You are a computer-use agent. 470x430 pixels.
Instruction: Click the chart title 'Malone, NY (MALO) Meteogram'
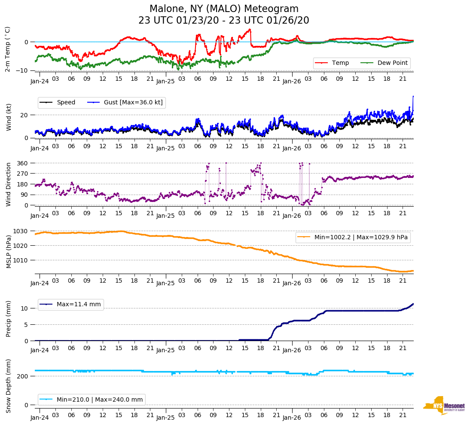click(224, 9)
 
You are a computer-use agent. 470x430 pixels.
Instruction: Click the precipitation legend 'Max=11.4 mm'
click(79, 304)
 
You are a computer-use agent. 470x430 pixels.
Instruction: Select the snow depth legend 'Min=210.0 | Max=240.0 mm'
click(99, 400)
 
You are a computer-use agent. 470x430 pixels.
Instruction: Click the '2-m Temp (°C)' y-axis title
click(8, 49)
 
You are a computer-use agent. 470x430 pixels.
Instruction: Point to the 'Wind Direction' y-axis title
click(9, 184)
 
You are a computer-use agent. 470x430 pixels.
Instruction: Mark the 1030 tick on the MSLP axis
click(21, 231)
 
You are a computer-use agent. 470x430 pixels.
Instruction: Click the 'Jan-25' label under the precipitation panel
click(165, 351)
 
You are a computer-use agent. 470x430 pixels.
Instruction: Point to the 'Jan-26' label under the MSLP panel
click(291, 284)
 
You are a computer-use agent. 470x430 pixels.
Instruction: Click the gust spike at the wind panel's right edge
click(413, 97)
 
